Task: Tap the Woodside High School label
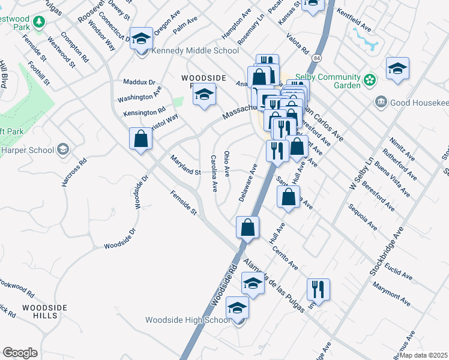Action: [x=187, y=320]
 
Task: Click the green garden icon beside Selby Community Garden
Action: [x=370, y=79]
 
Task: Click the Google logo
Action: [x=20, y=352]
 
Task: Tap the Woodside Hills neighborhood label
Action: [x=44, y=312]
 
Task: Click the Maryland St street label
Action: [x=185, y=164]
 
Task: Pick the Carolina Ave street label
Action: [x=213, y=173]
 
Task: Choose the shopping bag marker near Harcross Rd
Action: [x=140, y=139]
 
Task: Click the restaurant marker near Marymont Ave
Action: [x=318, y=290]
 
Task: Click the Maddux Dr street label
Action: [x=139, y=82]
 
